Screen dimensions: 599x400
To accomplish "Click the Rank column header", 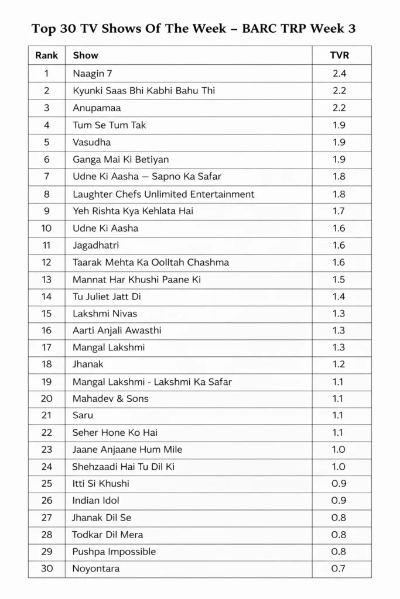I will tap(47, 56).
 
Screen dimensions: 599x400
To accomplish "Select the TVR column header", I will tap(339, 56).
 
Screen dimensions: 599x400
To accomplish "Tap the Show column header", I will tap(86, 56).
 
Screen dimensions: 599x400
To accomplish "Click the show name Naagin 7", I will tap(92, 74).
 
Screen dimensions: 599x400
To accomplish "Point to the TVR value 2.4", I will tap(339, 74).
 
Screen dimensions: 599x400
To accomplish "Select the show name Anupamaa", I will tap(97, 108).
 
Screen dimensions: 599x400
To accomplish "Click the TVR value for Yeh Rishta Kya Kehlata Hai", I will tap(339, 211).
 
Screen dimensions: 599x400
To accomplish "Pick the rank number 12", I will tap(47, 262).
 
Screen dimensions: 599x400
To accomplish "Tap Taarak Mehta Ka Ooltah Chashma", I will tap(151, 262).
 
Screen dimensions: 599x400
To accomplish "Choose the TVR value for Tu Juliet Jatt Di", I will tap(339, 297).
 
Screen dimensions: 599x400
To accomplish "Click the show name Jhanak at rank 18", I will tap(88, 364).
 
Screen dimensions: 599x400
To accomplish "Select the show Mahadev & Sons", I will tap(111, 398).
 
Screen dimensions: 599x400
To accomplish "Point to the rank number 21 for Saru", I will tap(47, 415).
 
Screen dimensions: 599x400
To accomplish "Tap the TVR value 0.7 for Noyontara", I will tap(339, 569).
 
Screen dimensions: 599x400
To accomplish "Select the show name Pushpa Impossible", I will tap(114, 552).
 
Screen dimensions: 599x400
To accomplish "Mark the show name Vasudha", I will tap(92, 142).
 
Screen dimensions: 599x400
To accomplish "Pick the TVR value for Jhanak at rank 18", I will tap(339, 364).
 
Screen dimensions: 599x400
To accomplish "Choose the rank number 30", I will tap(47, 569).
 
